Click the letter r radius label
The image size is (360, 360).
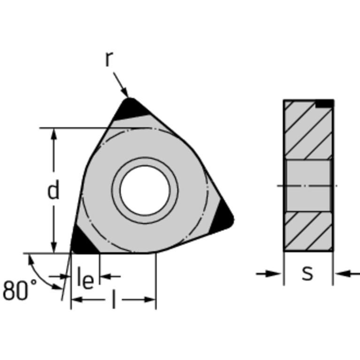point(109,59)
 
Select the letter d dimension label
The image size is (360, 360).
point(53,189)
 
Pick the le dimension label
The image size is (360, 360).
point(85,277)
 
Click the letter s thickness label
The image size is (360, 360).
point(307,273)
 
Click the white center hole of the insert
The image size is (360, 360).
point(145,190)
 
